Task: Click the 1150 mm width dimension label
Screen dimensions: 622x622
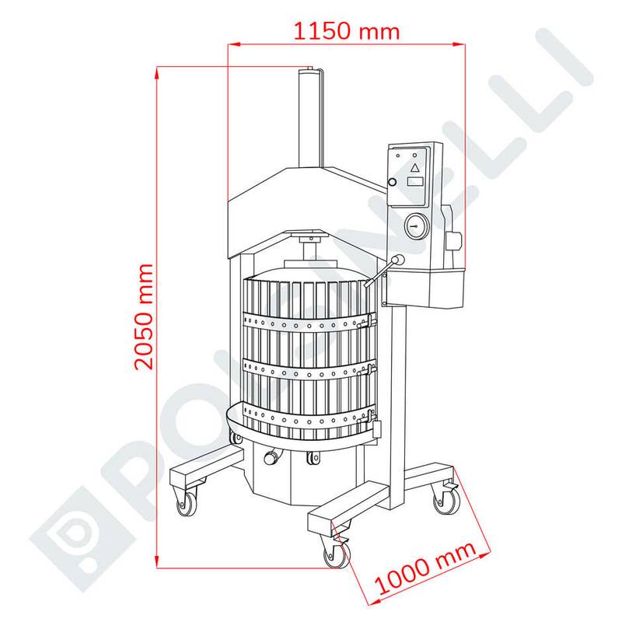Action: [x=346, y=31]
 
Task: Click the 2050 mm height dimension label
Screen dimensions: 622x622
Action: [x=144, y=316]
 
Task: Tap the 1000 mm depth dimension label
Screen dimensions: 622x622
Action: [x=425, y=567]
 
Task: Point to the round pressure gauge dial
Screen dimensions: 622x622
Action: [x=416, y=226]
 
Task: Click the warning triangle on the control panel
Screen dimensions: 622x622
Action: [x=414, y=167]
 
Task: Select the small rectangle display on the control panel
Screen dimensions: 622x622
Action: [x=415, y=182]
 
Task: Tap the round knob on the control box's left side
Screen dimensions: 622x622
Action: [x=392, y=182]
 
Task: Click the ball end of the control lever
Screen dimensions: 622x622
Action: [x=398, y=260]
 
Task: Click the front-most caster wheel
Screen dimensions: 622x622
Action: [x=337, y=554]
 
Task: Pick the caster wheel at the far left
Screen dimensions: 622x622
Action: [x=187, y=504]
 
